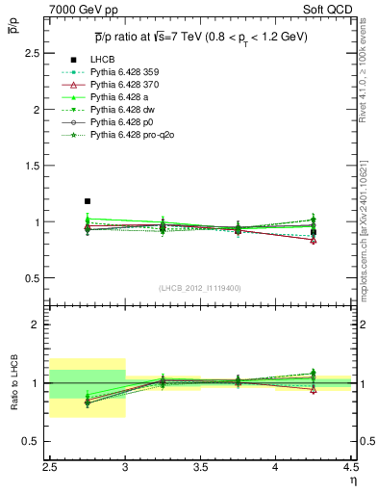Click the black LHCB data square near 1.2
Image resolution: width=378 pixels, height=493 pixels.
(x=88, y=201)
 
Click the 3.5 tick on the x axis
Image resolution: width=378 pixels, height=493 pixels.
(x=200, y=467)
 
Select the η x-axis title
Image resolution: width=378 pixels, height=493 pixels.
(x=353, y=480)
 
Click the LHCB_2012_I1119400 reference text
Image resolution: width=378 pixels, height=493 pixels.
(x=200, y=288)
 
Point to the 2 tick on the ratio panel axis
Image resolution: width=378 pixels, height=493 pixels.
(x=40, y=324)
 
